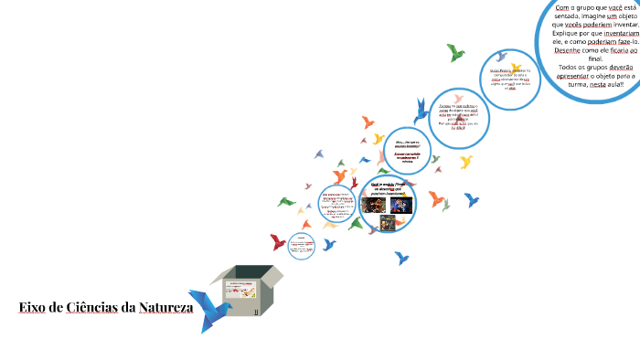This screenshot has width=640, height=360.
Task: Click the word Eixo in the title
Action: pyautogui.click(x=33, y=307)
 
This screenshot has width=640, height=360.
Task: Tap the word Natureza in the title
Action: pyautogui.click(x=165, y=307)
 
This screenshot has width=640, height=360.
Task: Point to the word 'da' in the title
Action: pyautogui.click(x=128, y=307)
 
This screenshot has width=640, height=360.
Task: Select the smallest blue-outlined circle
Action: pyautogui.click(x=302, y=244)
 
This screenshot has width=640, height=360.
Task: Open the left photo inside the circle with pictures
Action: pyautogui.click(x=373, y=205)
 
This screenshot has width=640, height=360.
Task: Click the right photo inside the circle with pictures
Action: pyautogui.click(x=401, y=205)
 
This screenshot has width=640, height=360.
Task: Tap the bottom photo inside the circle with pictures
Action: pyautogui.click(x=388, y=222)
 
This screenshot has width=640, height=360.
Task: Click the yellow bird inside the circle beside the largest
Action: pyautogui.click(x=517, y=67)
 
